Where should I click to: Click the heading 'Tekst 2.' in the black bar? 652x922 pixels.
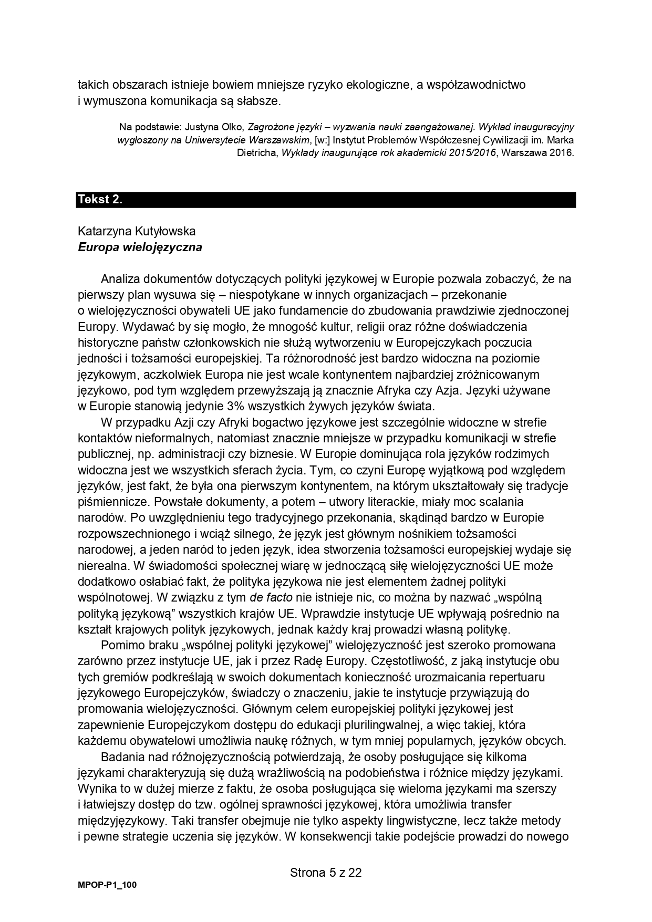coord(100,200)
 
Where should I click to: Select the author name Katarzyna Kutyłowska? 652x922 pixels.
coord(136,231)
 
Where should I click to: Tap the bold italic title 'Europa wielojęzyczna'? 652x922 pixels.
coord(140,247)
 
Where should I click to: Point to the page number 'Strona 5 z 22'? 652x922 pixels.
coord(326,873)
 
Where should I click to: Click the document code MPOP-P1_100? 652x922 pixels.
coord(107,885)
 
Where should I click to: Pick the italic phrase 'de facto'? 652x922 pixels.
coord(271,597)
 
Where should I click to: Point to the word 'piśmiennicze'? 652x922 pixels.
coord(108,502)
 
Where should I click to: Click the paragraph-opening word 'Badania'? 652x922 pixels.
coord(122,757)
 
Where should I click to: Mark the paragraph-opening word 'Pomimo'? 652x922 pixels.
coord(120,645)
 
